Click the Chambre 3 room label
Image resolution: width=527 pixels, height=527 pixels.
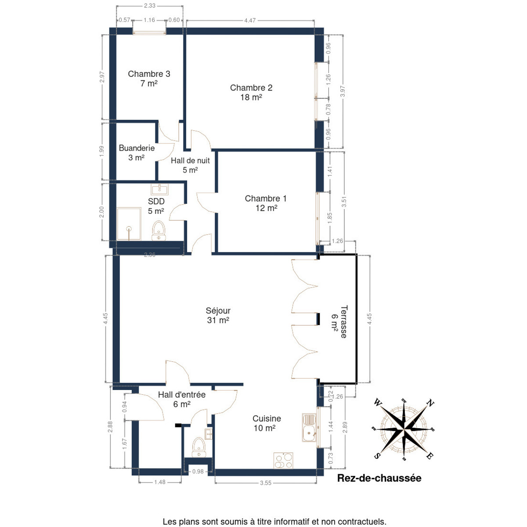coord(149,79)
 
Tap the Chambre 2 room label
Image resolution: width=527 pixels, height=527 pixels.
coord(251,92)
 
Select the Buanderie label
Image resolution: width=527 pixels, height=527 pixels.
coord(137,152)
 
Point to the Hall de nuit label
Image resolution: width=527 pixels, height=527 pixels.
coord(190,165)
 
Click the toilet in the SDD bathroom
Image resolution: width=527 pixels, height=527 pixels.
coord(159,231)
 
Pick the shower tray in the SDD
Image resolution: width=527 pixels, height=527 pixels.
coord(129,224)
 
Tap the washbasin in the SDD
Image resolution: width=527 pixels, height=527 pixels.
coord(159,189)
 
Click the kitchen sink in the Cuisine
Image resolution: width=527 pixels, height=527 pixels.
coord(309,427)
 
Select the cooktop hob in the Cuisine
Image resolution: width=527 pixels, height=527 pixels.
coord(283,461)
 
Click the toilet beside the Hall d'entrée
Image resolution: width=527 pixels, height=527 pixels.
coord(199,447)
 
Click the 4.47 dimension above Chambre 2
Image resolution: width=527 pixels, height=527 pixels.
coord(250,21)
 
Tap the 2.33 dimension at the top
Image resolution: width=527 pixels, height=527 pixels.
coord(150,6)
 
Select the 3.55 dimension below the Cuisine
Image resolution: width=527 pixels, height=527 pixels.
coord(266,483)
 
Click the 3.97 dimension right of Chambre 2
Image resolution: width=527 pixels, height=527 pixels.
coord(343,91)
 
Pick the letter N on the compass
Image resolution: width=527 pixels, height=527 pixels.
coord(431,403)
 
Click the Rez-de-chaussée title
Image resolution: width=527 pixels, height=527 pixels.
coord(379,478)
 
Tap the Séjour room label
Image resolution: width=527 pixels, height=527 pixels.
coord(218,315)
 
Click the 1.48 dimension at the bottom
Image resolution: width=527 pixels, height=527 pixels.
coord(160,482)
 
